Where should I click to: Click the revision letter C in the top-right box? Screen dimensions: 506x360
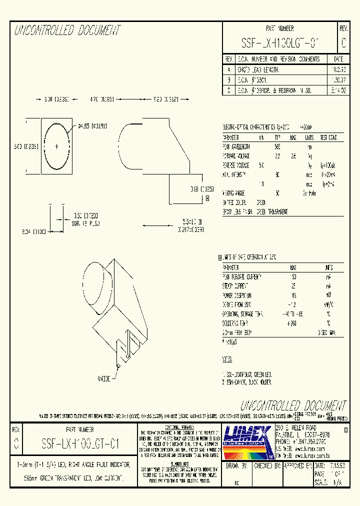click(x=343, y=43)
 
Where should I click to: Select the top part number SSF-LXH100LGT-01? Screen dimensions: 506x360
click(x=279, y=43)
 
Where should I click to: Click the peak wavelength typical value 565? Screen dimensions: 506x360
click(x=277, y=147)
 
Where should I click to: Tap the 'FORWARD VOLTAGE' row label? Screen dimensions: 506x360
click(x=236, y=156)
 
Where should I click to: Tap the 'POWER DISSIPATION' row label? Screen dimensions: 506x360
click(x=239, y=295)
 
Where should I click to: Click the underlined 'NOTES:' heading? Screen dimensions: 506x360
click(x=227, y=359)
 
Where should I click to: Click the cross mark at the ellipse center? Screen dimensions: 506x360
click(x=56, y=146)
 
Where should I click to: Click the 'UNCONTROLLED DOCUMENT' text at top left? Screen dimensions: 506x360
click(x=67, y=31)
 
